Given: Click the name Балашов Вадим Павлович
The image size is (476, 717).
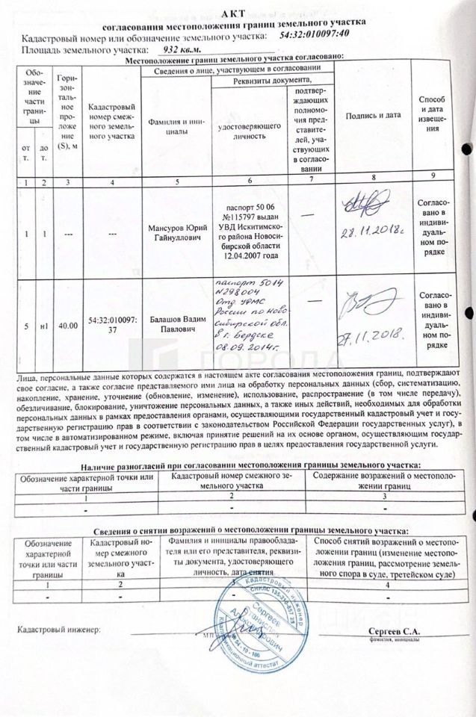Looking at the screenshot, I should tap(173, 323).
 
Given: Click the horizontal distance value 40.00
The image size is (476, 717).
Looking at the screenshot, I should tap(68, 324).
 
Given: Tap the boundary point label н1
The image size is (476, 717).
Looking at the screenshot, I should tap(45, 324).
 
